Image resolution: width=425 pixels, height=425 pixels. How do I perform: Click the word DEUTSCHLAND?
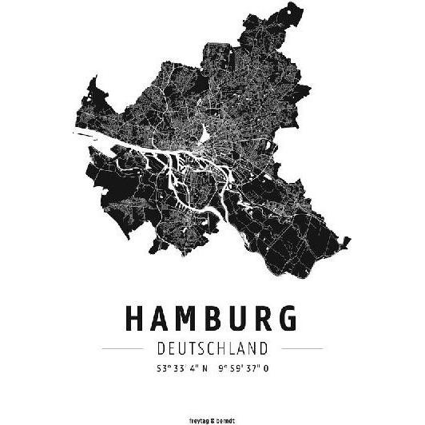click(212, 349)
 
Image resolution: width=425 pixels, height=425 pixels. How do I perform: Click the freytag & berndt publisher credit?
click(212, 417)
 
